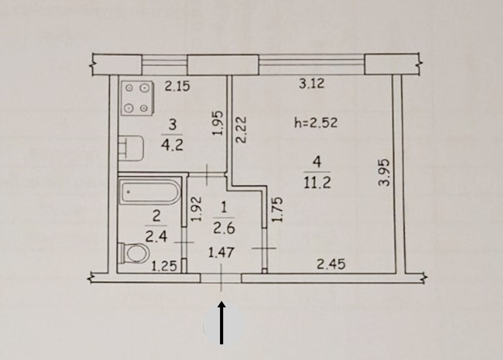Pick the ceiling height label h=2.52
(x=315, y=122)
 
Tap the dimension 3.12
(x=312, y=84)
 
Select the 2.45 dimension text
(x=331, y=264)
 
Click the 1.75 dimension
(x=278, y=209)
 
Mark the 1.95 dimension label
(x=217, y=125)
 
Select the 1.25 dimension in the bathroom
(x=163, y=267)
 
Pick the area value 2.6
(x=224, y=229)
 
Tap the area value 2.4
(x=156, y=236)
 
